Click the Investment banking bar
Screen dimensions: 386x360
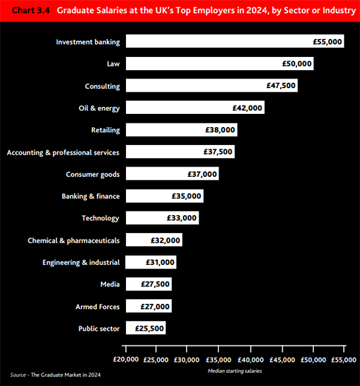234,42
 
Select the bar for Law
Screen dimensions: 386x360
219,64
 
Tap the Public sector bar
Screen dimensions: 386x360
145,328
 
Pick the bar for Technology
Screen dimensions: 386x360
162,218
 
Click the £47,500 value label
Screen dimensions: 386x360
281,86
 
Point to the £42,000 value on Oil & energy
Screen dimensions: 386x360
247,108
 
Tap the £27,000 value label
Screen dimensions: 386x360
155,306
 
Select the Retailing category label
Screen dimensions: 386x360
105,130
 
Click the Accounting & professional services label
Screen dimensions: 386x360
63,152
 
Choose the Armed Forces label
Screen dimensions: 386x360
97,306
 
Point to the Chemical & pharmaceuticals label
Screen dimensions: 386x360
73,240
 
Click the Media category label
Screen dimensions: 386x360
110,284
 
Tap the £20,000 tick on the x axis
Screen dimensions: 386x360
125,360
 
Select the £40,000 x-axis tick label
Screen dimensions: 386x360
250,360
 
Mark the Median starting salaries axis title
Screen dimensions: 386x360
234,372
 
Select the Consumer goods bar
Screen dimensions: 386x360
172,174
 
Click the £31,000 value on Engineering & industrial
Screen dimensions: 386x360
160,263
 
